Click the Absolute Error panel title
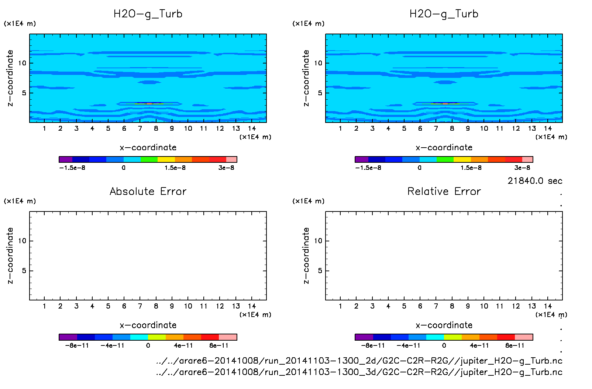tap(148, 191)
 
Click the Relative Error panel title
tap(444, 191)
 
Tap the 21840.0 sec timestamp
tap(535, 181)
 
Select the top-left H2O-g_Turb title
tap(148, 14)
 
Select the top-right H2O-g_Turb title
tap(444, 14)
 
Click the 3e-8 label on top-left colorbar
tap(226, 168)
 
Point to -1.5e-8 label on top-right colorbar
tap(368, 168)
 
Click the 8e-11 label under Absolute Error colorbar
tap(219, 346)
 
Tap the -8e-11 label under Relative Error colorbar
tap(373, 346)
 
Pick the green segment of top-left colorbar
tap(149, 159)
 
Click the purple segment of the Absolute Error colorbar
tap(68, 337)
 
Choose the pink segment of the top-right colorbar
tap(527, 159)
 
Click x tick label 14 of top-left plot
tap(252, 128)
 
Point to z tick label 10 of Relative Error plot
tap(318, 241)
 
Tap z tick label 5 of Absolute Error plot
tap(24, 271)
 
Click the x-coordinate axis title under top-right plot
tap(444, 148)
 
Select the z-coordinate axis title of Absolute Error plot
tap(10, 255)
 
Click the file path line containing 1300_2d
tap(359, 361)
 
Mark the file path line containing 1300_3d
tap(359, 372)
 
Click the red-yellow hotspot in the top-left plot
tap(149, 104)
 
